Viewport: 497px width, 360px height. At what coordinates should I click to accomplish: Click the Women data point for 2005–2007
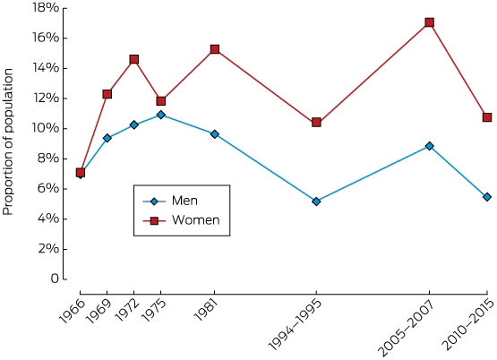coord(430,22)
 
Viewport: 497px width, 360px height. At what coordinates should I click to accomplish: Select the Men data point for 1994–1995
coord(316,201)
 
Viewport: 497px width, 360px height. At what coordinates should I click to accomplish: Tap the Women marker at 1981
coord(215,49)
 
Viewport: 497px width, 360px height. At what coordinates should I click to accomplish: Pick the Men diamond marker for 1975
coord(160,115)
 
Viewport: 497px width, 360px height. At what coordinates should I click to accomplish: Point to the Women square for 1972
coord(133,59)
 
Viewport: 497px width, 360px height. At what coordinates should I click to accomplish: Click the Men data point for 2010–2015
coord(487,197)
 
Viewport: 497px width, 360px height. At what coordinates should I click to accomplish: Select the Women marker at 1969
coord(107,94)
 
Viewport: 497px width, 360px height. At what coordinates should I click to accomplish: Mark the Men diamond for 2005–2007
coord(430,146)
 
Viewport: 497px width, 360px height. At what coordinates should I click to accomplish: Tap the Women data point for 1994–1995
coord(316,123)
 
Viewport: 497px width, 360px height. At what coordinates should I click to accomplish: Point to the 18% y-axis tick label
coord(46,8)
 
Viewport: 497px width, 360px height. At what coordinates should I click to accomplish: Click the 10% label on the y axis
coord(46,128)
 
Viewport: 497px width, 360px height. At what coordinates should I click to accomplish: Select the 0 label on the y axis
coord(55,279)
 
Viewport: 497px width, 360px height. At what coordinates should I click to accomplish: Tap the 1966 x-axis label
coord(73,312)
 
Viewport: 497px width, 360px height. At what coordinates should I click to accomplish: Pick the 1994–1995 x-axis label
coord(296,325)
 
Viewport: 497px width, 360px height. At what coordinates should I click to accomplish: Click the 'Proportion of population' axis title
coord(8,142)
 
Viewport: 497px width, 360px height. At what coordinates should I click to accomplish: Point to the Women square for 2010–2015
coord(487,117)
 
